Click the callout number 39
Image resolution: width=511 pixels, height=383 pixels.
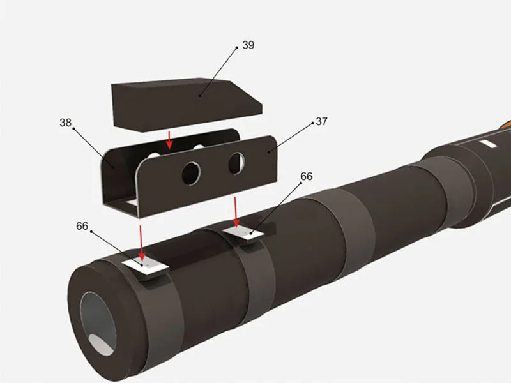pos(248,46)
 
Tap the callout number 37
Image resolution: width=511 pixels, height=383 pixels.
pos(321,121)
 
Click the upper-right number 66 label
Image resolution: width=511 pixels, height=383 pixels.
pos(307,176)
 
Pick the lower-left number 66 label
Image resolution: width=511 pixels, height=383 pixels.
pos(82,226)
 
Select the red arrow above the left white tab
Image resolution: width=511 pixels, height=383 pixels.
pos(142,239)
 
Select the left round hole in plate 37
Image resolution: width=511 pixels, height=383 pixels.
pos(191,172)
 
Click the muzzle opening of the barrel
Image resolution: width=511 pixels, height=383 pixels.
pos(100,322)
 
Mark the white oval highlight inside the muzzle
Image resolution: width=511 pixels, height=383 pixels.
pos(100,344)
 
